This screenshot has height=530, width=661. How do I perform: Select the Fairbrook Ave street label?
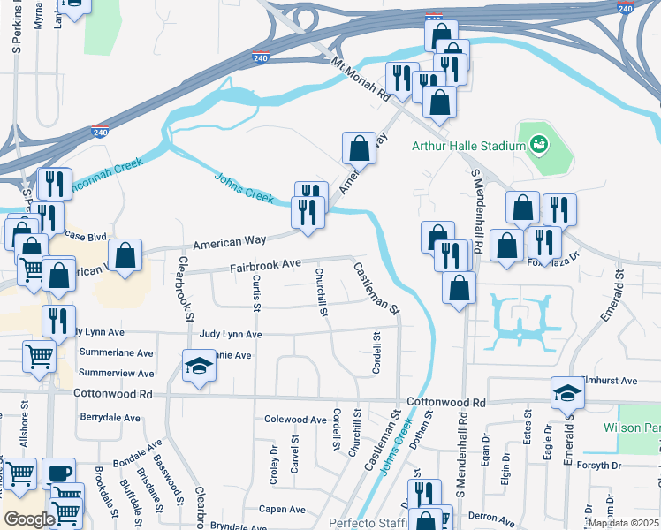[266, 265]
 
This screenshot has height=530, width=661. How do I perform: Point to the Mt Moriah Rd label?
[361, 77]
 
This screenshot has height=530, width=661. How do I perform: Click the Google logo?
[28, 519]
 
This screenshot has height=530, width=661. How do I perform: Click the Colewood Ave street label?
[295, 420]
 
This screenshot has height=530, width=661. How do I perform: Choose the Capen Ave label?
[282, 510]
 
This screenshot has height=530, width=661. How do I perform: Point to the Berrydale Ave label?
[110, 418]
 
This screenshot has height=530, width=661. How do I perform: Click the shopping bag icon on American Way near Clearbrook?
[127, 256]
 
